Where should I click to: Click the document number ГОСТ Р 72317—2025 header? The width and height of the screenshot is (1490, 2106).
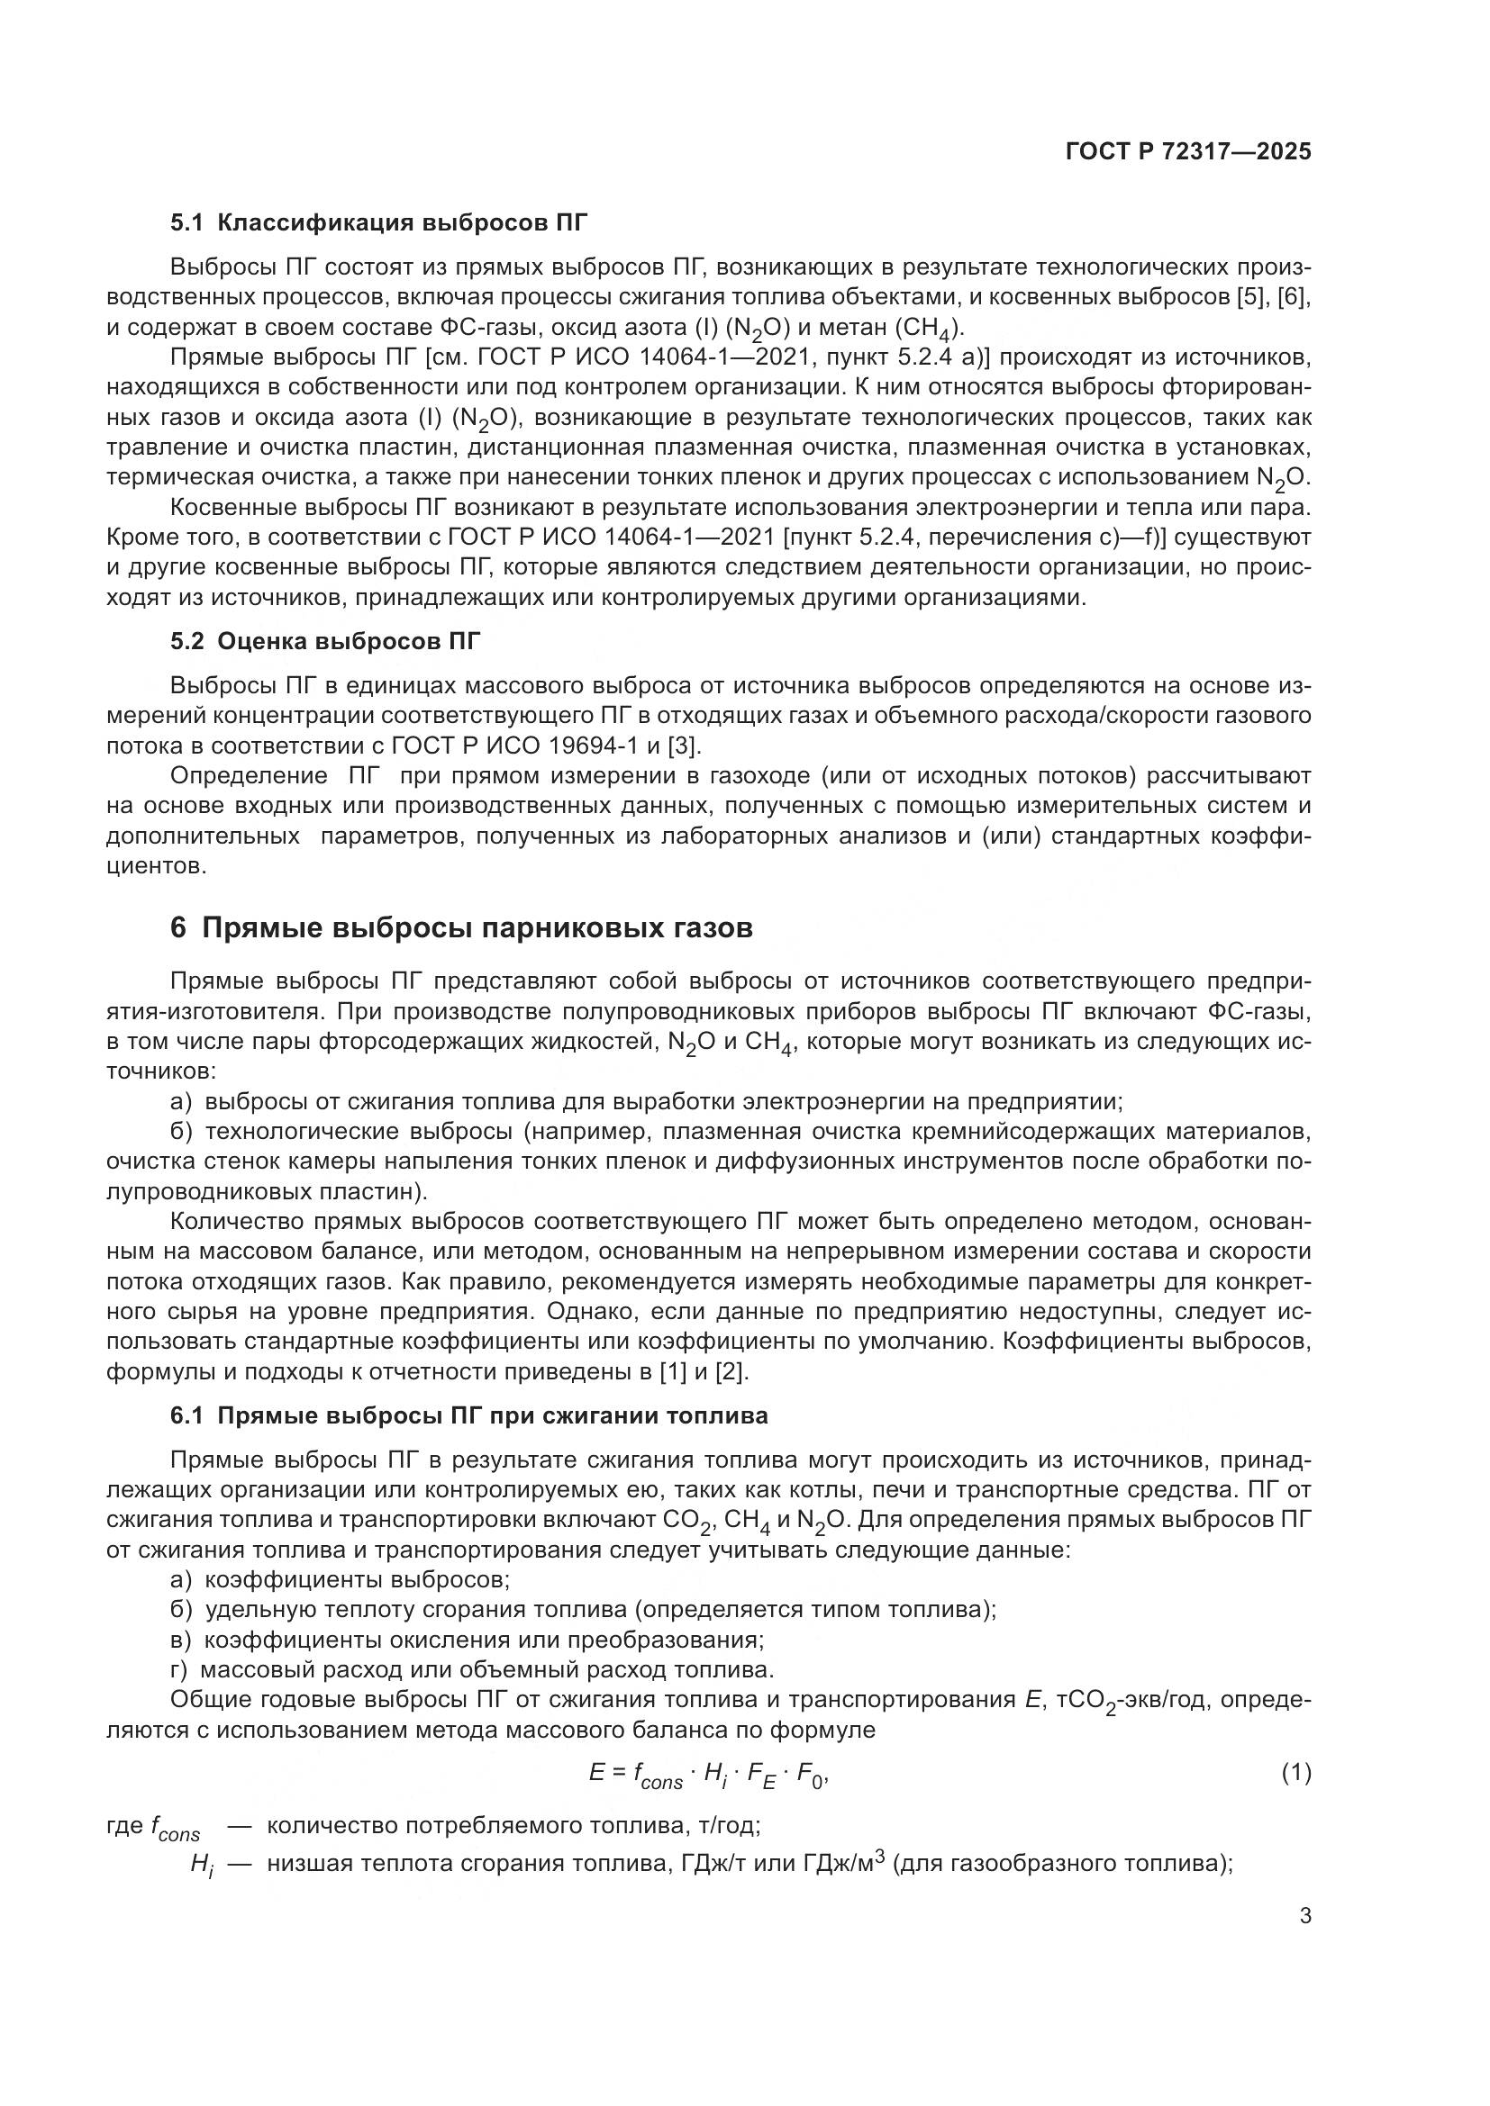click(x=1188, y=152)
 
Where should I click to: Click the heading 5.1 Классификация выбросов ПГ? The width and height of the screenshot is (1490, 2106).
click(x=378, y=223)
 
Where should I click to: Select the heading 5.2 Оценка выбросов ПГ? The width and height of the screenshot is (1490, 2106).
click(x=325, y=641)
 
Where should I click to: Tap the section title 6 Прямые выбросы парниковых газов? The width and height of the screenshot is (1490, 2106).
click(x=461, y=928)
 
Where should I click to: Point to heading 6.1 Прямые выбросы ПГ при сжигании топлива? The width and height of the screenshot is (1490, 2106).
click(x=468, y=1415)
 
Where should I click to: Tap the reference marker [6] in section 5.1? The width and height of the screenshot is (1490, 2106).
click(x=1294, y=297)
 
